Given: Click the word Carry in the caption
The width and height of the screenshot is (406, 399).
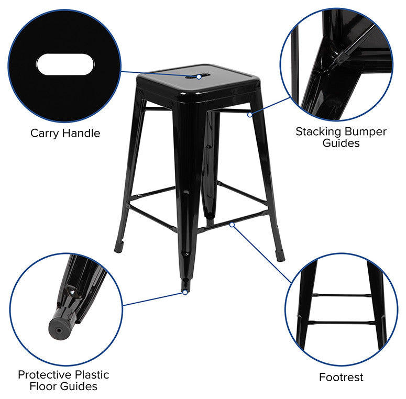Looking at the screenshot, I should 45,133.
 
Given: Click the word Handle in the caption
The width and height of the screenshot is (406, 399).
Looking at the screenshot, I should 81,133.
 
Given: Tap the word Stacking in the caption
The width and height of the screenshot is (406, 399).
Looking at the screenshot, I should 317,131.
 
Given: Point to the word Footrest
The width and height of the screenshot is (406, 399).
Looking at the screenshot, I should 341,377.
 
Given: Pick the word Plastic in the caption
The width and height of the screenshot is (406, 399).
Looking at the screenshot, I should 92,375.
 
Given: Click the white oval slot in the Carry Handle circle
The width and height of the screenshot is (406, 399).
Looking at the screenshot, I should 65,65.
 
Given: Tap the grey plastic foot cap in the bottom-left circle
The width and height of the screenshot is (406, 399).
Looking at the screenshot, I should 58,329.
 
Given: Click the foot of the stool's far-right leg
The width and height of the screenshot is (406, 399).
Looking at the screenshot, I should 280,255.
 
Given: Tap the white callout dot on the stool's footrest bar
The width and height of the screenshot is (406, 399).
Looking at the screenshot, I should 232,224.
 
